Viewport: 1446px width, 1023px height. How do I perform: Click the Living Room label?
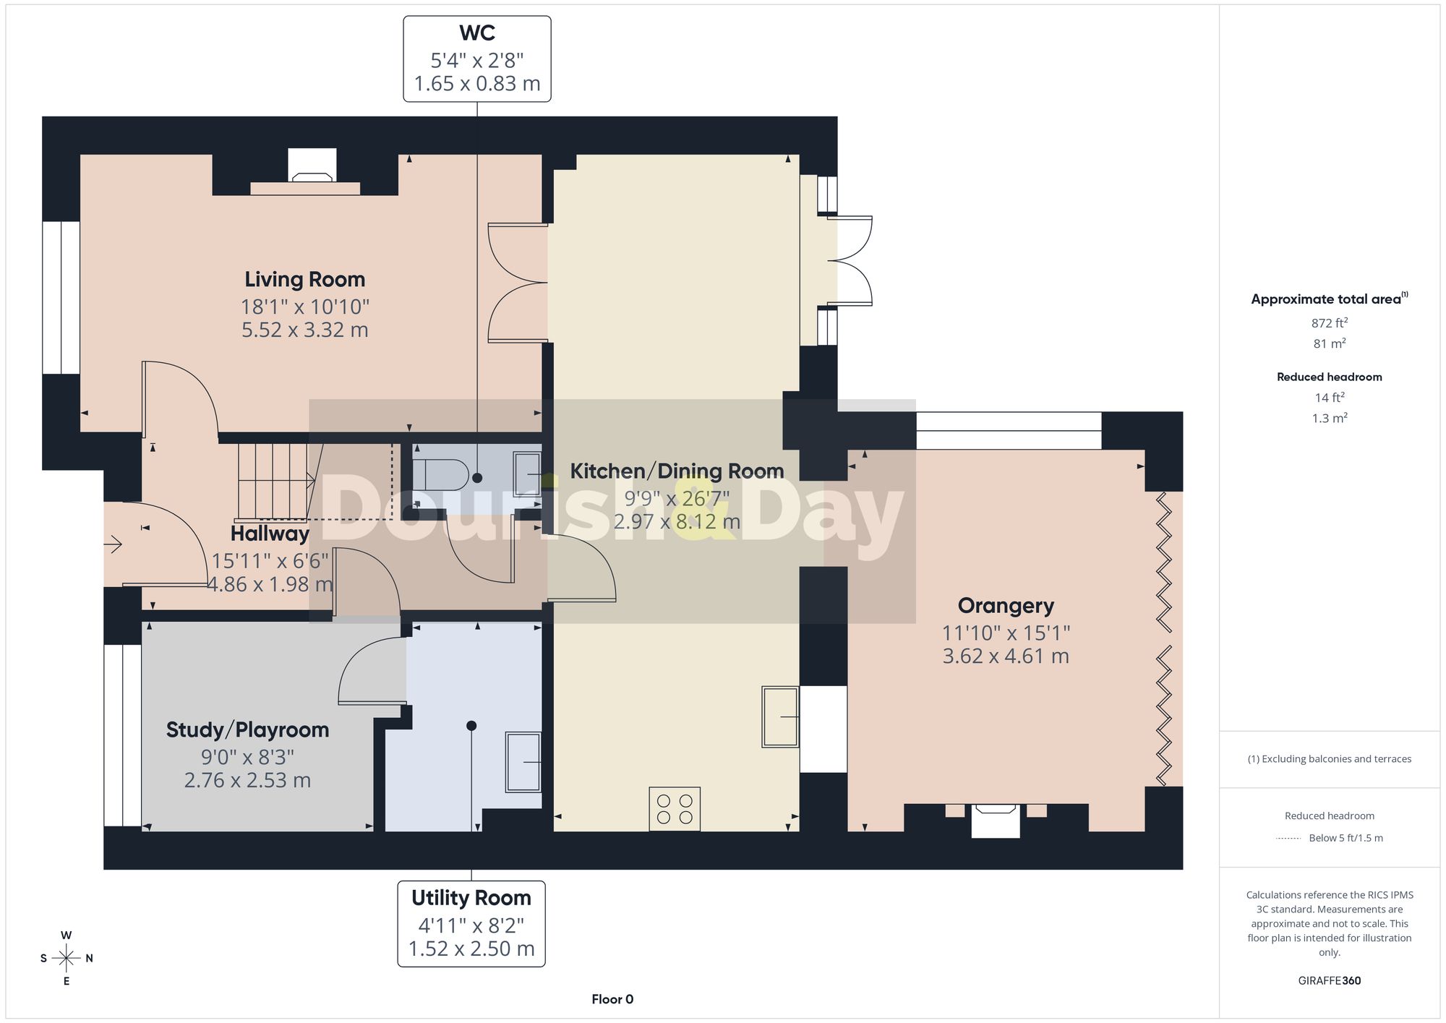coord(304,280)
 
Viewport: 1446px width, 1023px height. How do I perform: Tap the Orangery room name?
coord(1006,606)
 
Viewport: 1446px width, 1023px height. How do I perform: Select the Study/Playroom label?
coord(247,730)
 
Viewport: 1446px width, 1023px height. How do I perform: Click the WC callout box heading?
coord(477,33)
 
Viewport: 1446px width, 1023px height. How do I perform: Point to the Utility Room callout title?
coord(471,898)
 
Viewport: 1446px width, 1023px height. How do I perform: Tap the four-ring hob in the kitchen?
coord(675,809)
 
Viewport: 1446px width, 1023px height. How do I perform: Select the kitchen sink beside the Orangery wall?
coord(780,716)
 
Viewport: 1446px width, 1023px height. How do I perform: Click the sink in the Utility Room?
coord(523,763)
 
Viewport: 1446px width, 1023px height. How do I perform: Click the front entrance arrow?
coord(114,544)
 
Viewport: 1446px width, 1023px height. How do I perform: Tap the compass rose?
coord(66,959)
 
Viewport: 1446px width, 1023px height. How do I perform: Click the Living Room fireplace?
coord(312,171)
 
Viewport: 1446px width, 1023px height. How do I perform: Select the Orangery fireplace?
coord(996,821)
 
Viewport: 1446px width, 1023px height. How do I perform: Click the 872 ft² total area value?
coord(1330,323)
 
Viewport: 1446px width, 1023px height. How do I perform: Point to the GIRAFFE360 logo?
coord(1330,981)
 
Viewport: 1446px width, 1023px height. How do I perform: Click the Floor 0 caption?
coord(612,1000)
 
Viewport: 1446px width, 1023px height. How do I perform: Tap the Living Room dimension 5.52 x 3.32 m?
coord(304,330)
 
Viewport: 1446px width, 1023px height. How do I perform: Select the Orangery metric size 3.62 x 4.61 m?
coord(1006,656)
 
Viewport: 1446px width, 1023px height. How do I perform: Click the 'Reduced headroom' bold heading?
coord(1330,377)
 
